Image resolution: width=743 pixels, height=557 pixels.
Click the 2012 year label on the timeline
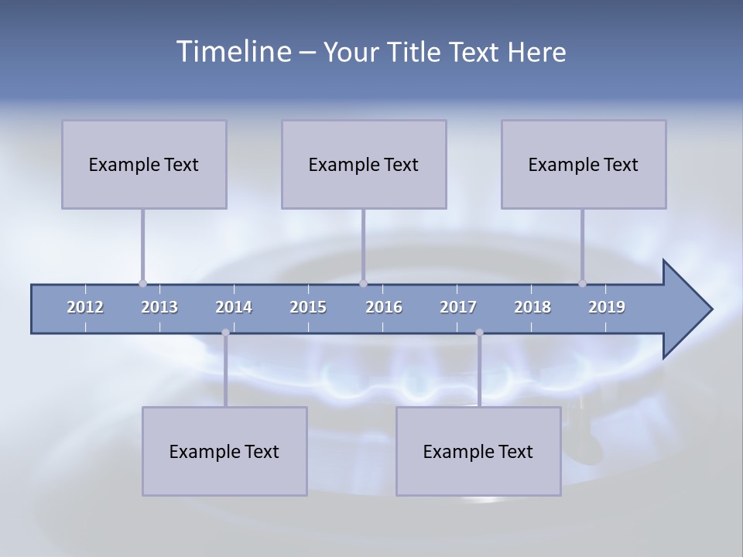tap(85, 307)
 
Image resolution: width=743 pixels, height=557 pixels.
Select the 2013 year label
tap(159, 307)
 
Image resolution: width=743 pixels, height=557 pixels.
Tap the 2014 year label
tap(234, 307)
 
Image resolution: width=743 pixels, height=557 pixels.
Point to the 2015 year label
tap(308, 307)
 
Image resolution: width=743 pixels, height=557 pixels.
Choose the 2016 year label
tap(384, 307)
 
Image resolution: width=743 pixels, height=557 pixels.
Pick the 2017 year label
tap(458, 307)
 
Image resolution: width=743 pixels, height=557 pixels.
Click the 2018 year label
tap(532, 307)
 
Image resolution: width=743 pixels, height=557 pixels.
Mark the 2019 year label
tap(607, 307)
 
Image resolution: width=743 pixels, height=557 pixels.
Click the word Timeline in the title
tap(235, 52)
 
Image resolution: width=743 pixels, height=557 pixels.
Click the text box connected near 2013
tap(144, 164)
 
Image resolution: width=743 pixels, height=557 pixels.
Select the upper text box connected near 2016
tap(364, 164)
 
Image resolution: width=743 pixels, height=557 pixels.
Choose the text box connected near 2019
tap(584, 164)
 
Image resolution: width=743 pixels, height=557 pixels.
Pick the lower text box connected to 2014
tap(224, 451)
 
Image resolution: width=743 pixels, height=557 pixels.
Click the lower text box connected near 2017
tap(478, 451)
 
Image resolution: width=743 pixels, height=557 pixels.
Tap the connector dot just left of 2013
tap(142, 283)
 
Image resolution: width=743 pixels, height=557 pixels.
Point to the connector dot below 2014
tap(225, 333)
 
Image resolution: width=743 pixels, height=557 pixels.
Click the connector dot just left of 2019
tap(582, 283)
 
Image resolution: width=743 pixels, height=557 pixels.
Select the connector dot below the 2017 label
tap(479, 333)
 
